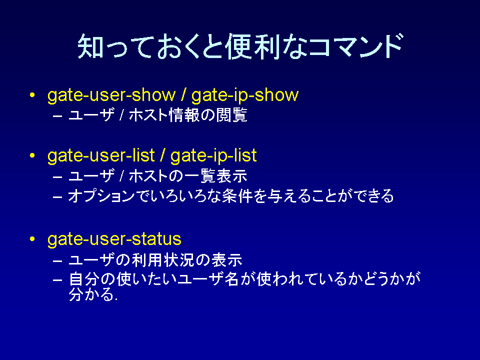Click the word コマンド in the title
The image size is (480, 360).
point(355,46)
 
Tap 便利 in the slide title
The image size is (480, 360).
point(253,46)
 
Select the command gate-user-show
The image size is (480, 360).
point(111,95)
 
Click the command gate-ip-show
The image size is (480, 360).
point(245,95)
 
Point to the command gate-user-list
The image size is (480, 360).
point(101,155)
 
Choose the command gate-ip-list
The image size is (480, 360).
point(213,155)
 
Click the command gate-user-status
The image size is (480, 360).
point(114,239)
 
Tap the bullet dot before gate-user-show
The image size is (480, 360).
point(32,95)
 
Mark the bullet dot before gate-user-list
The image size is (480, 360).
point(32,155)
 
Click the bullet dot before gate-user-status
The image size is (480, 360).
point(32,239)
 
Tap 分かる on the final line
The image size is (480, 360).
point(92,295)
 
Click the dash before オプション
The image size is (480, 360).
point(57,196)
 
